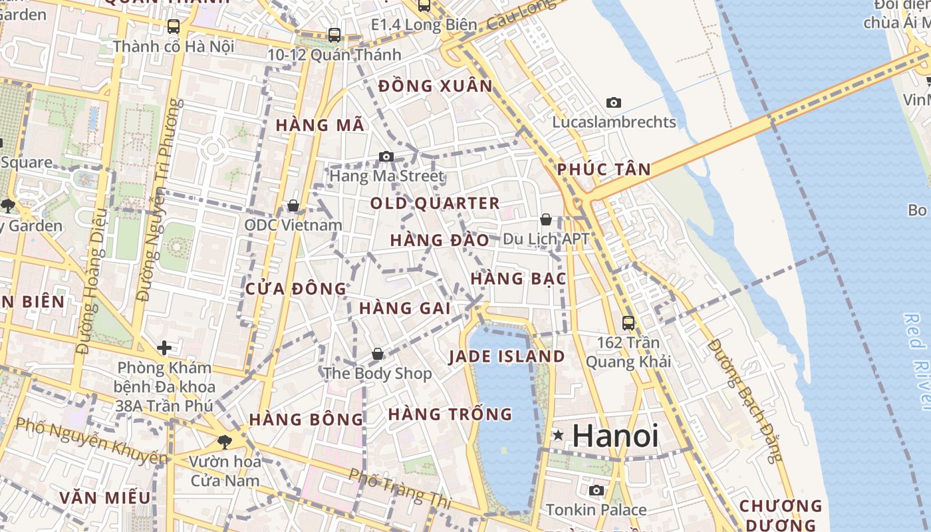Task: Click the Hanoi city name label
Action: pyautogui.click(x=615, y=436)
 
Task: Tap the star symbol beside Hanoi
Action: pyautogui.click(x=558, y=436)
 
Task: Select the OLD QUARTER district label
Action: pyautogui.click(x=435, y=203)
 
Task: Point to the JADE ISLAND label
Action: pyautogui.click(x=507, y=356)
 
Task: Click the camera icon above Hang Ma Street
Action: pyautogui.click(x=386, y=157)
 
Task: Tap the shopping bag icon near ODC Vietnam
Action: pyautogui.click(x=293, y=206)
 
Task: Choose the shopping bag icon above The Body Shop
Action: pyautogui.click(x=378, y=354)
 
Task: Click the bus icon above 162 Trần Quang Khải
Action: pyautogui.click(x=628, y=323)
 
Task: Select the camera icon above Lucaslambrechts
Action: pyautogui.click(x=614, y=102)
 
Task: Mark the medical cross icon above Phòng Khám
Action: pyautogui.click(x=164, y=347)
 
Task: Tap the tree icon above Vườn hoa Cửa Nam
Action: pyautogui.click(x=225, y=442)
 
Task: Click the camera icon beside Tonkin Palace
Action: pyautogui.click(x=597, y=491)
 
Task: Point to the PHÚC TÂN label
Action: pyautogui.click(x=604, y=170)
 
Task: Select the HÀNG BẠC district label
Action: pyautogui.click(x=518, y=279)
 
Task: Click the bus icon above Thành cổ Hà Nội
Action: pyautogui.click(x=174, y=27)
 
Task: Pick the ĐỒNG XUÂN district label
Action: pyautogui.click(x=436, y=86)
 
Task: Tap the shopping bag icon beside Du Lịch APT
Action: pyautogui.click(x=546, y=219)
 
